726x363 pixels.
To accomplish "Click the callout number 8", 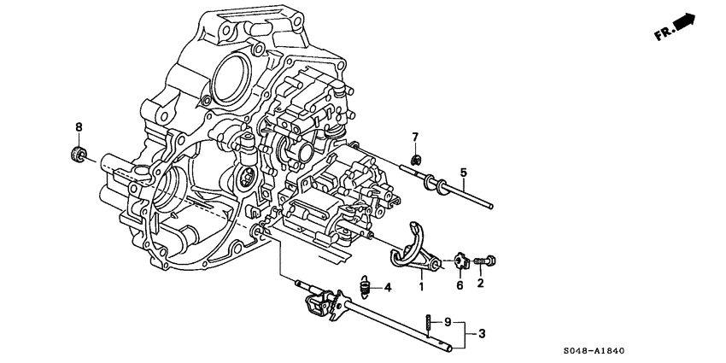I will click(x=79, y=128).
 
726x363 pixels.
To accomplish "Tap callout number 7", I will click(x=415, y=138).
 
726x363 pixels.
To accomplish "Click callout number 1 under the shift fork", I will click(x=420, y=286).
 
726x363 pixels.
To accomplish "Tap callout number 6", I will click(x=459, y=286).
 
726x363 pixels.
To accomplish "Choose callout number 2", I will click(x=480, y=284).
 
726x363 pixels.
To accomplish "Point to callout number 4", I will click(x=387, y=288).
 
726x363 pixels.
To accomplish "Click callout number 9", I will click(x=447, y=323).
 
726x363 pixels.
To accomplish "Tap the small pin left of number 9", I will click(x=426, y=323).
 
